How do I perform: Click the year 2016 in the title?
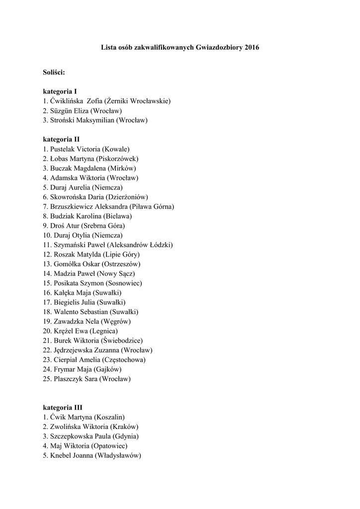(252, 47)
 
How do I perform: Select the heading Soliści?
(54, 72)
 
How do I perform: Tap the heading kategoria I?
(60, 91)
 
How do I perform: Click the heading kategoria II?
(61, 139)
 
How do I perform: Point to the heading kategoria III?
(63, 407)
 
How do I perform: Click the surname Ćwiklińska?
(67, 101)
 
